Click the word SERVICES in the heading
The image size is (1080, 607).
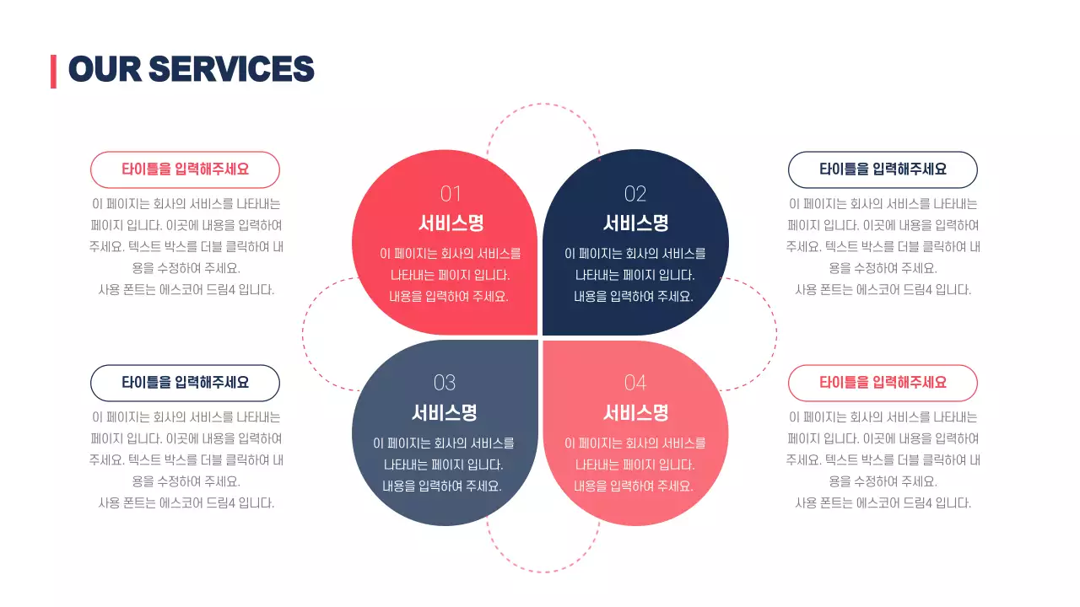click(x=231, y=69)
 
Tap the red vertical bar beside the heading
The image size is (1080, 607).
click(x=53, y=71)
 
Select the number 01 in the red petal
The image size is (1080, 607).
click(x=451, y=194)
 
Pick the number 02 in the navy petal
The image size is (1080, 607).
click(x=634, y=194)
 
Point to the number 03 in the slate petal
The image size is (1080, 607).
click(x=444, y=383)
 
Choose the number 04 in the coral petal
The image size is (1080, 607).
click(x=634, y=383)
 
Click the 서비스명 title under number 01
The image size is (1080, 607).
click(x=451, y=223)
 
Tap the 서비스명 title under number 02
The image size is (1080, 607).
click(x=634, y=223)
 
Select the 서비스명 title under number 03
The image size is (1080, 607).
click(x=444, y=413)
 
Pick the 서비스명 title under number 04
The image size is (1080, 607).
click(x=634, y=413)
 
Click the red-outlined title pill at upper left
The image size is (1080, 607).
click(x=185, y=169)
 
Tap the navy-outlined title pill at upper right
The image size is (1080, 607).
click(x=883, y=169)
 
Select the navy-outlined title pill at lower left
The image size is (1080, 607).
click(x=185, y=383)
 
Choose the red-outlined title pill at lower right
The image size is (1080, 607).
click(x=883, y=383)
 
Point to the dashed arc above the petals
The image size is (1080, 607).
click(x=543, y=105)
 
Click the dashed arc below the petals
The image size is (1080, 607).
click(x=543, y=572)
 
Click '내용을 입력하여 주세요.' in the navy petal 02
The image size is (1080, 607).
click(x=634, y=297)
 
